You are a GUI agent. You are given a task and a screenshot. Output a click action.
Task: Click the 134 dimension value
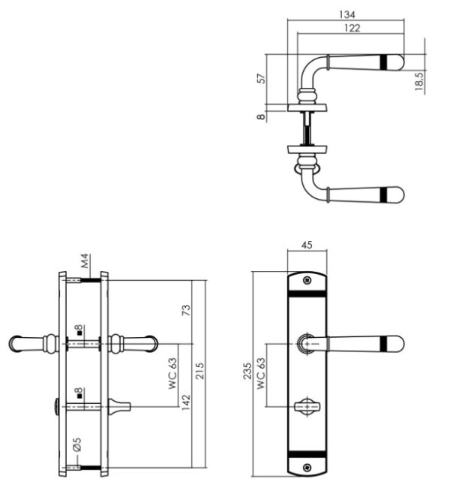(x=347, y=14)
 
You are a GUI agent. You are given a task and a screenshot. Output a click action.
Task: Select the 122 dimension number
(x=352, y=28)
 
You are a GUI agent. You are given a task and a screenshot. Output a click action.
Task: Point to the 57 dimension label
(x=262, y=78)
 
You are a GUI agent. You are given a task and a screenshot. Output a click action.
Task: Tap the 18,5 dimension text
(x=419, y=81)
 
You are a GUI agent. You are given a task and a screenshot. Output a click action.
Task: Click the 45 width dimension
(x=307, y=245)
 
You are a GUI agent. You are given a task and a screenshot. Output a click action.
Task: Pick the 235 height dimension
(x=247, y=371)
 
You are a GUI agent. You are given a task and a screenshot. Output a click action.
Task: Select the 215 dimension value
(x=199, y=371)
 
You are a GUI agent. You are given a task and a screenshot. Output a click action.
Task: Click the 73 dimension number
(x=186, y=310)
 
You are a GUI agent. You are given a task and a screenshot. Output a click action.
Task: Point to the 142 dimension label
(x=186, y=402)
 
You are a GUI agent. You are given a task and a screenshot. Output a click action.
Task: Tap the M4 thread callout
(x=85, y=261)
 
